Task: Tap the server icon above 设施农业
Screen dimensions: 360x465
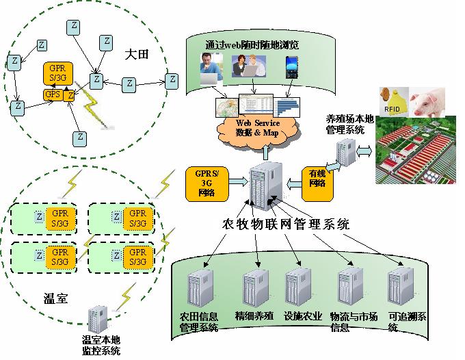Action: pos(297,287)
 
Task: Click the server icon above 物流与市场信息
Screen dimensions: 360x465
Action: pos(349,287)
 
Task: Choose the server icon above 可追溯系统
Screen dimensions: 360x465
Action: pos(399,287)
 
